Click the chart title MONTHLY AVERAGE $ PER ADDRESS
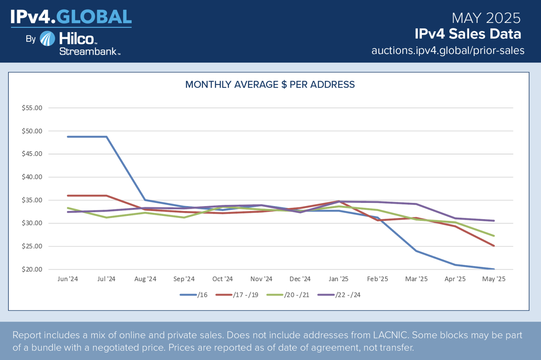270,85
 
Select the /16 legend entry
194,295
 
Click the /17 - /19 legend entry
237,295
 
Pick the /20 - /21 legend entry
288,295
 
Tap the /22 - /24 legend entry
339,295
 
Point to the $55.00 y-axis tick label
32,108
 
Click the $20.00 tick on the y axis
32,269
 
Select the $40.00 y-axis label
32,177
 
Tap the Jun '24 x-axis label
68,279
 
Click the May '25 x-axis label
493,279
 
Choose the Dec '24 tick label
300,279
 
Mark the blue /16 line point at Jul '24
106,137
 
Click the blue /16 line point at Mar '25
416,251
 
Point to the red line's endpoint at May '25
494,246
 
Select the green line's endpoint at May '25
494,236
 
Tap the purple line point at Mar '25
416,204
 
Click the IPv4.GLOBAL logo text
71,17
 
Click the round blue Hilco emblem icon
47,39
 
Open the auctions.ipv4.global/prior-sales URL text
448,50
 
